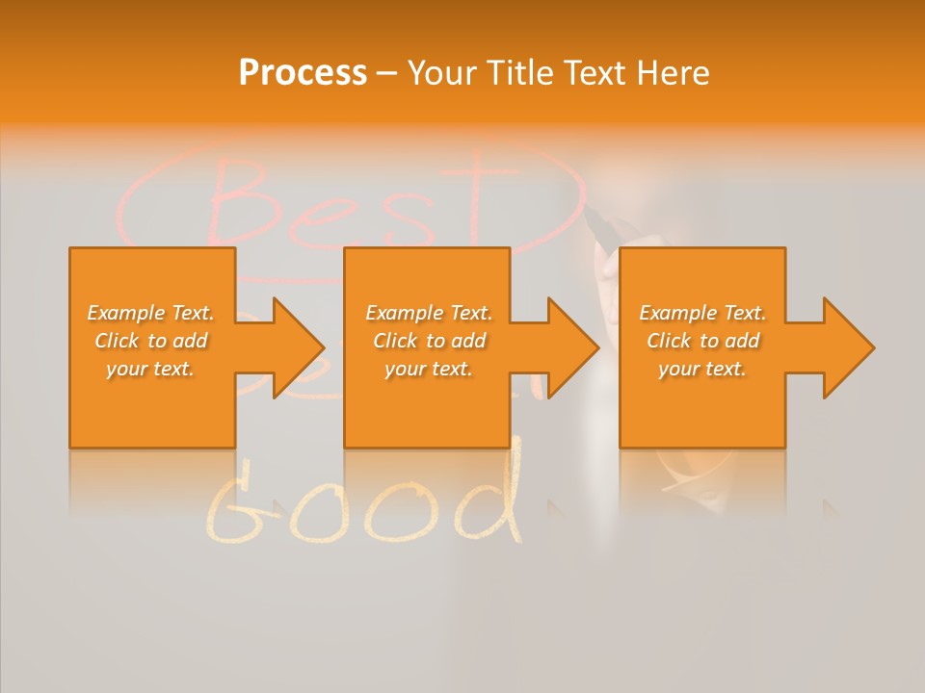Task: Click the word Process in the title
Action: (303, 73)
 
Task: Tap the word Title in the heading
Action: (521, 73)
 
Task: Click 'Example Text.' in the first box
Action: (150, 313)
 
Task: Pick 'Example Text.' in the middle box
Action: (429, 313)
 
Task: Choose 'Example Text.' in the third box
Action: (702, 313)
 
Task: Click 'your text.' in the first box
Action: (150, 369)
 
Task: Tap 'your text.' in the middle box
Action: (429, 369)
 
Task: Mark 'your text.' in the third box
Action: (702, 369)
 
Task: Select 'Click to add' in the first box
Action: (150, 341)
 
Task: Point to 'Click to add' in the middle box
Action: (429, 341)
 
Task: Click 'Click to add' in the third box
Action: (702, 341)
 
